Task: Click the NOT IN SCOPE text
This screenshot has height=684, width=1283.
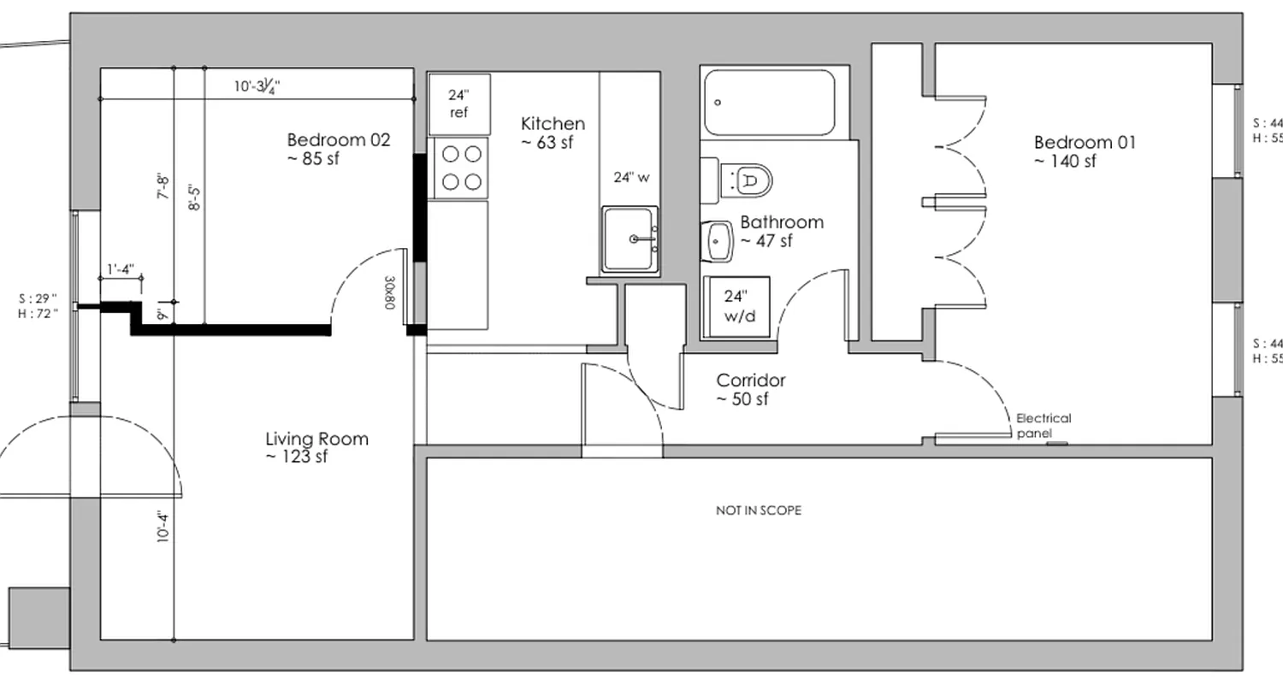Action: (758, 510)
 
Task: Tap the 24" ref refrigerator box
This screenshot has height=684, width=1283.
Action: (459, 103)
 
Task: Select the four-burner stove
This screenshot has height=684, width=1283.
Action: (459, 168)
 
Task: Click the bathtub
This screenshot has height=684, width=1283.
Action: (768, 103)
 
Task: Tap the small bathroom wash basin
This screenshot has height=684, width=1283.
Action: (718, 241)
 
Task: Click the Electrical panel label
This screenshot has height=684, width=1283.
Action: (1043, 425)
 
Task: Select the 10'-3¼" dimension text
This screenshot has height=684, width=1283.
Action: (257, 86)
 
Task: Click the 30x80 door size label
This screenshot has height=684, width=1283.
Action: (389, 292)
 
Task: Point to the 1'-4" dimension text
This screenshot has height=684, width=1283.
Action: (121, 270)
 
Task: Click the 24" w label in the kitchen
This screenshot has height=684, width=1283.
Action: (631, 178)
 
